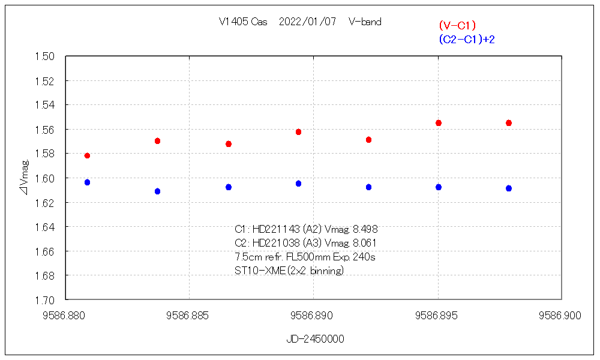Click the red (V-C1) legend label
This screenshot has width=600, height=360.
click(457, 25)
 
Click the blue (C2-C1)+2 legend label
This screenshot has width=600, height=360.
click(466, 40)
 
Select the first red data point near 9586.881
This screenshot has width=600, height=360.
click(87, 156)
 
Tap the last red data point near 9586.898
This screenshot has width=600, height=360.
click(509, 123)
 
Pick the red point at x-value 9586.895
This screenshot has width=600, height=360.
click(439, 123)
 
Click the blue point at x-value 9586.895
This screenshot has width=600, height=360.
click(439, 187)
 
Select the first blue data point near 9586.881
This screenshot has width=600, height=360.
click(87, 182)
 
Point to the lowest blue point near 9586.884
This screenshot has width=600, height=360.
click(158, 191)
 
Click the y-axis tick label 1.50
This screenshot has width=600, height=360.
click(45, 56)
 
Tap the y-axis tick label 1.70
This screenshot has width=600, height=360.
click(45, 300)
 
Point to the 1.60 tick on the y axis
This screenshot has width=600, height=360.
click(45, 178)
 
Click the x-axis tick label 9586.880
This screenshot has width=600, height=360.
click(65, 315)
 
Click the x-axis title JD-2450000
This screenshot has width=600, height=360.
click(315, 339)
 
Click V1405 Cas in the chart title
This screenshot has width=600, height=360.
click(243, 22)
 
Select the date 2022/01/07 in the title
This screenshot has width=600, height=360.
click(308, 22)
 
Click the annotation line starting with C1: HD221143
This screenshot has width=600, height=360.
click(306, 229)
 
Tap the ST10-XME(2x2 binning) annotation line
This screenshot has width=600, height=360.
click(289, 271)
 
